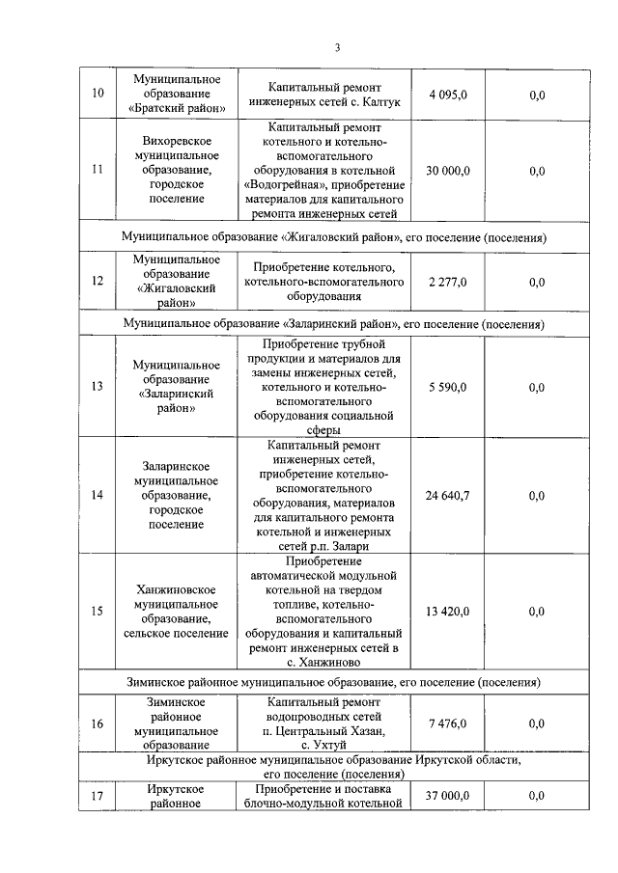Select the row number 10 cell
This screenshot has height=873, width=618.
[97, 94]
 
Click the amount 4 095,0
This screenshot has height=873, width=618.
[447, 94]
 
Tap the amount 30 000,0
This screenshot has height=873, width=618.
[447, 170]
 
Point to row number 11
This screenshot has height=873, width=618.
[97, 170]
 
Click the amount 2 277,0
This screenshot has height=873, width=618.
[447, 282]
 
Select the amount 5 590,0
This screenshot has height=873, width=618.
[447, 387]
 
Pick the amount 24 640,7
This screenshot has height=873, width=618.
[447, 495]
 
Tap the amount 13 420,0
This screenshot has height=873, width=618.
[447, 611]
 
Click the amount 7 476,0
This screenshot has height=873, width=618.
[447, 723]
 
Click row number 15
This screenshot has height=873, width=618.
[97, 611]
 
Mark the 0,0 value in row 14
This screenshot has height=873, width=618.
[537, 495]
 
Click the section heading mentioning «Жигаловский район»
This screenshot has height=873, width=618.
[334, 236]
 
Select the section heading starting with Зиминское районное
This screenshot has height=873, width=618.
[334, 682]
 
